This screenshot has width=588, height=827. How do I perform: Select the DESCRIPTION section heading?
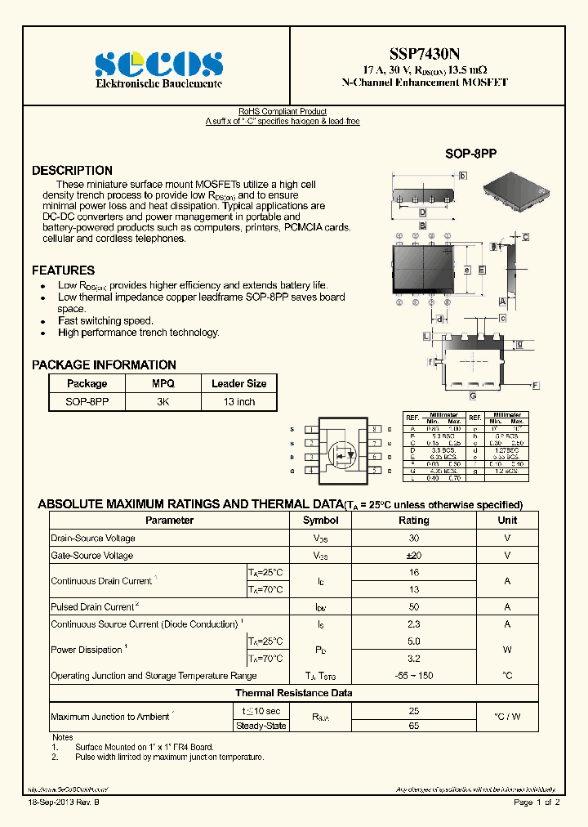72,171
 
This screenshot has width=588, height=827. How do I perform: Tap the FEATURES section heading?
63,270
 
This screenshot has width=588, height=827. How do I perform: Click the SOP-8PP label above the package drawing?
470,154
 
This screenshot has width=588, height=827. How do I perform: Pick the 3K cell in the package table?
163,402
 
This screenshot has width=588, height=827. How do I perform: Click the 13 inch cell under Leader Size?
239,402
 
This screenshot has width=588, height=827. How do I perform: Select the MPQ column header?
163,383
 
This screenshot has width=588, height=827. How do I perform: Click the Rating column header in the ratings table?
413,521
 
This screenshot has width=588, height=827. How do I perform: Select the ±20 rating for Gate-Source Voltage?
413,556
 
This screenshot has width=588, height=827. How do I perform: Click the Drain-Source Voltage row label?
93,539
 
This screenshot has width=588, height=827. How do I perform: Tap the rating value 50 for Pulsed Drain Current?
413,607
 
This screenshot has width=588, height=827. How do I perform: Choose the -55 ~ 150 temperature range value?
413,676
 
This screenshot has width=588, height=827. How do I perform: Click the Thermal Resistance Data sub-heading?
294,693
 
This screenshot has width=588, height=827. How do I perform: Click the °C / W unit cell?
507,717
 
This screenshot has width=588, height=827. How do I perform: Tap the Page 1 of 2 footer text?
536,802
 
